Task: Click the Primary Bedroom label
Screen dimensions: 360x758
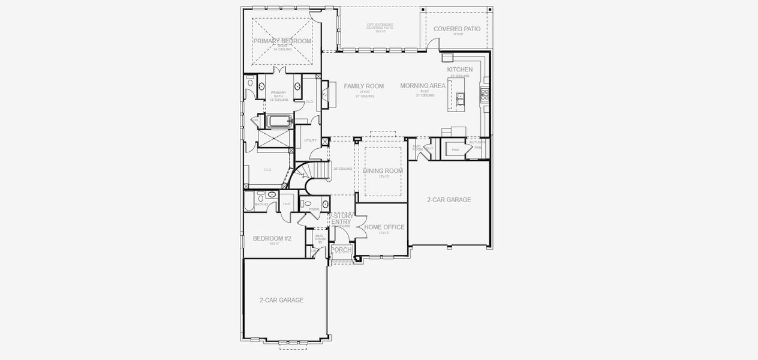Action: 282,41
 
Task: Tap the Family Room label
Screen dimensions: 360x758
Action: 363,86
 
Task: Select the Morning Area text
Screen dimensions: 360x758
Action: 423,86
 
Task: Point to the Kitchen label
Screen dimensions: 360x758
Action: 459,70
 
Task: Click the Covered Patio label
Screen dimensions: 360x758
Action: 456,28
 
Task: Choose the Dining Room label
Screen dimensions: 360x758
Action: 383,171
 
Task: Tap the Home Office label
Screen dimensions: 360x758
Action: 384,227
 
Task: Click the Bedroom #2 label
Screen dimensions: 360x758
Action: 272,238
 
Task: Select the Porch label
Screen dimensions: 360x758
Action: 341,250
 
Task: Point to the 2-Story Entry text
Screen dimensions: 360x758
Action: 341,218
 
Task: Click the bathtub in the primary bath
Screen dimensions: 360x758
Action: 279,121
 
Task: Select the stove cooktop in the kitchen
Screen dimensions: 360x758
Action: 485,94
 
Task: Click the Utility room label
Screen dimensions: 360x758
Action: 310,140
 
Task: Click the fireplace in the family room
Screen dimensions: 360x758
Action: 325,94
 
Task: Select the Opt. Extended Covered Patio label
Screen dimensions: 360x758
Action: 380,26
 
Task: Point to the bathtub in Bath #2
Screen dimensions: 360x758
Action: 248,202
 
